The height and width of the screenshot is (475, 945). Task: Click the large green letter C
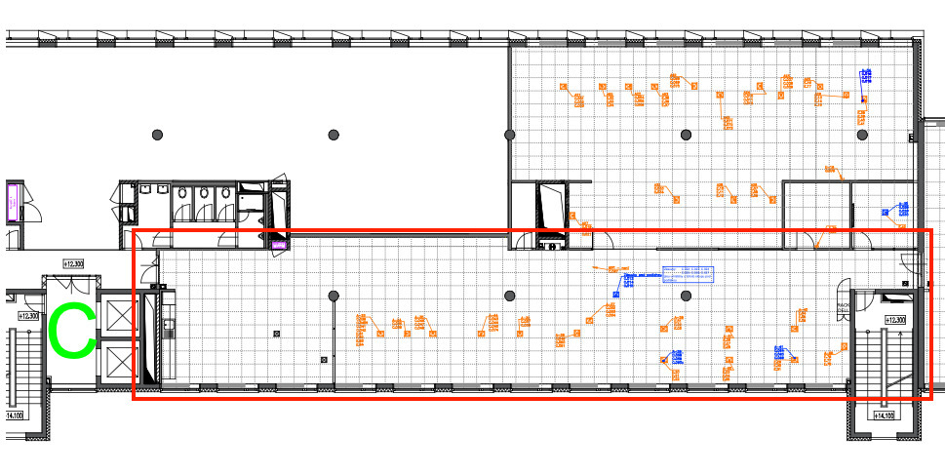[72, 330]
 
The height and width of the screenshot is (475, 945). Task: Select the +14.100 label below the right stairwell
[883, 416]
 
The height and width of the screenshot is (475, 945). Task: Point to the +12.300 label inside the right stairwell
[894, 320]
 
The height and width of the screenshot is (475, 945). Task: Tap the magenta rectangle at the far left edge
[15, 202]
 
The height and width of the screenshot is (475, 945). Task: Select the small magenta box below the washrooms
[279, 244]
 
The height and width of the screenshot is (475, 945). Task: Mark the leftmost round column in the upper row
[157, 134]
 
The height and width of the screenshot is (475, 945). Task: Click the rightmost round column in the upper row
[862, 134]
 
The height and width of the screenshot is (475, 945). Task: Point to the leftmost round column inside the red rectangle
[334, 296]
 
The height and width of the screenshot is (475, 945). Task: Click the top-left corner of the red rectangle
[134, 231]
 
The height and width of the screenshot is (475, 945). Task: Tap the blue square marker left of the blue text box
[617, 293]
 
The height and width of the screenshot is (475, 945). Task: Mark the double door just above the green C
[70, 284]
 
